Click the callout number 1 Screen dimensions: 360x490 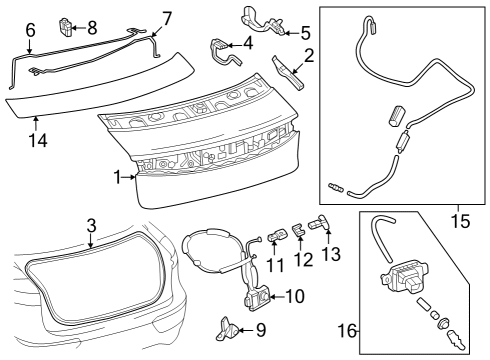tap(117, 176)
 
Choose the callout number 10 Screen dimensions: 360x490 tap(295, 296)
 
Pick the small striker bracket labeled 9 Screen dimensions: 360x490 tap(229, 327)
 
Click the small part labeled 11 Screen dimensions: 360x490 tap(279, 236)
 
